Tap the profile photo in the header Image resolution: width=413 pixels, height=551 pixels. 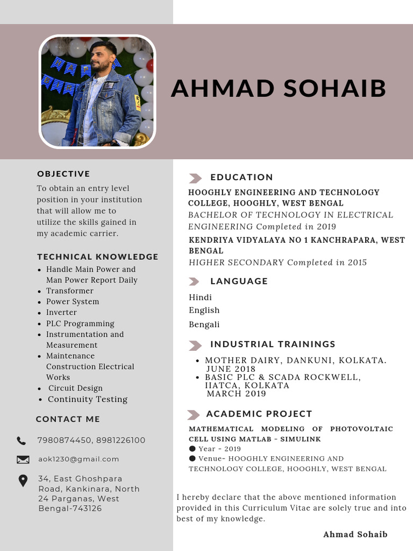(97, 91)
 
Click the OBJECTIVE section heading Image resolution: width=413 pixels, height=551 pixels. (63, 174)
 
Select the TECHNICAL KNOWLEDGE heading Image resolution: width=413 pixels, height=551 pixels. (97, 257)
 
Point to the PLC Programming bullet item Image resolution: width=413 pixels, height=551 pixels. (80, 323)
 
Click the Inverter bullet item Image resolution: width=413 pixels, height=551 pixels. (61, 312)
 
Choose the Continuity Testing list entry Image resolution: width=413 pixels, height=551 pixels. (88, 399)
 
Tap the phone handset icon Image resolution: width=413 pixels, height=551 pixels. (22, 441)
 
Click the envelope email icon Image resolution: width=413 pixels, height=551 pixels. (23, 460)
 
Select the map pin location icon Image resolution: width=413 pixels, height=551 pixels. (23, 481)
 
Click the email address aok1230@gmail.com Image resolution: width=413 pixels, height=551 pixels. (79, 459)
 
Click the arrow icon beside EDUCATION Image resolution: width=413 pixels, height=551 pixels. (195, 178)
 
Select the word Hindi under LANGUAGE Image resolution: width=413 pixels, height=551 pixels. (200, 297)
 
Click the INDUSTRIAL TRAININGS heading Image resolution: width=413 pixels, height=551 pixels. (273, 344)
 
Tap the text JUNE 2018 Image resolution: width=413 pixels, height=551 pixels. (231, 369)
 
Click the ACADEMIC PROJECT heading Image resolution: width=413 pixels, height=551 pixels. (259, 414)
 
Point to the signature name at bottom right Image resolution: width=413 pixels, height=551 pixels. (355, 534)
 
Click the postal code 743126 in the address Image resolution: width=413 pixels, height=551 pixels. (85, 508)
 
